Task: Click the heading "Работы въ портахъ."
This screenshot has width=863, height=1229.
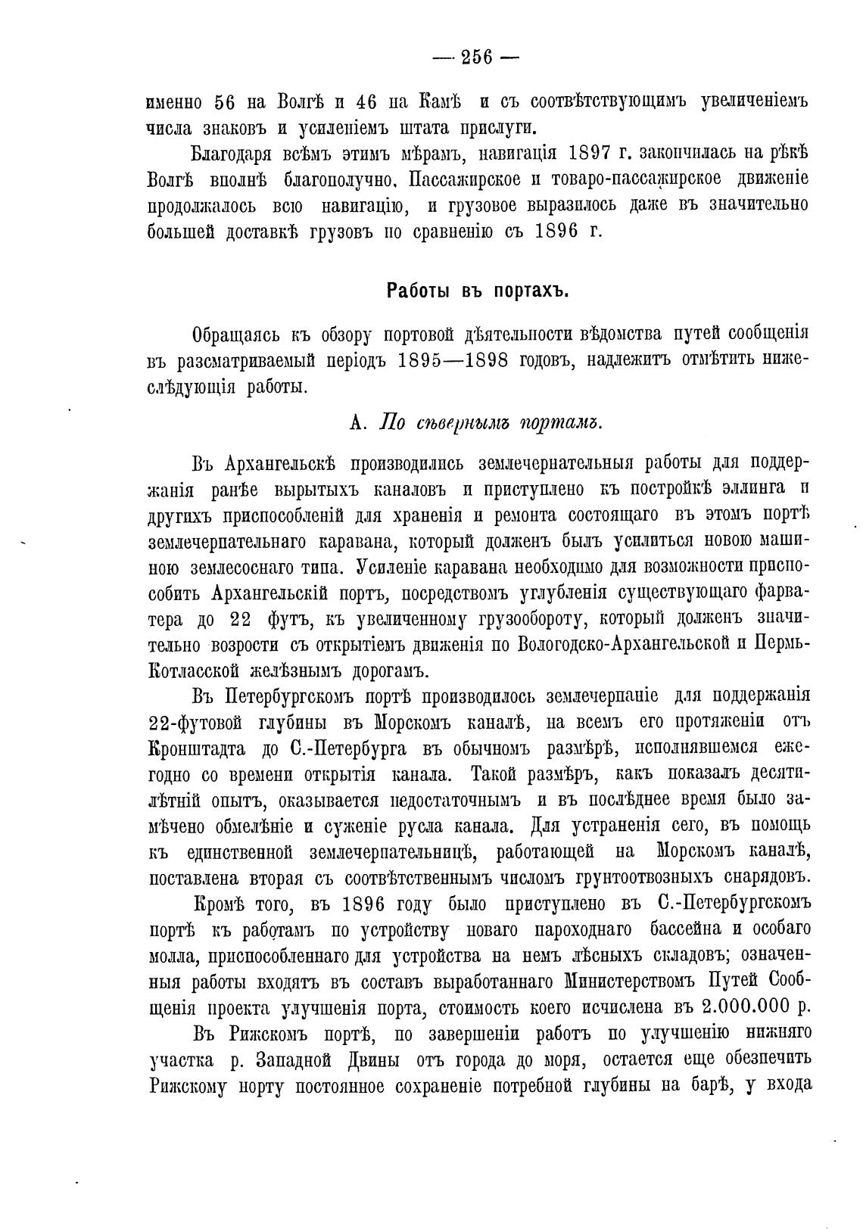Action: [477, 291]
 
